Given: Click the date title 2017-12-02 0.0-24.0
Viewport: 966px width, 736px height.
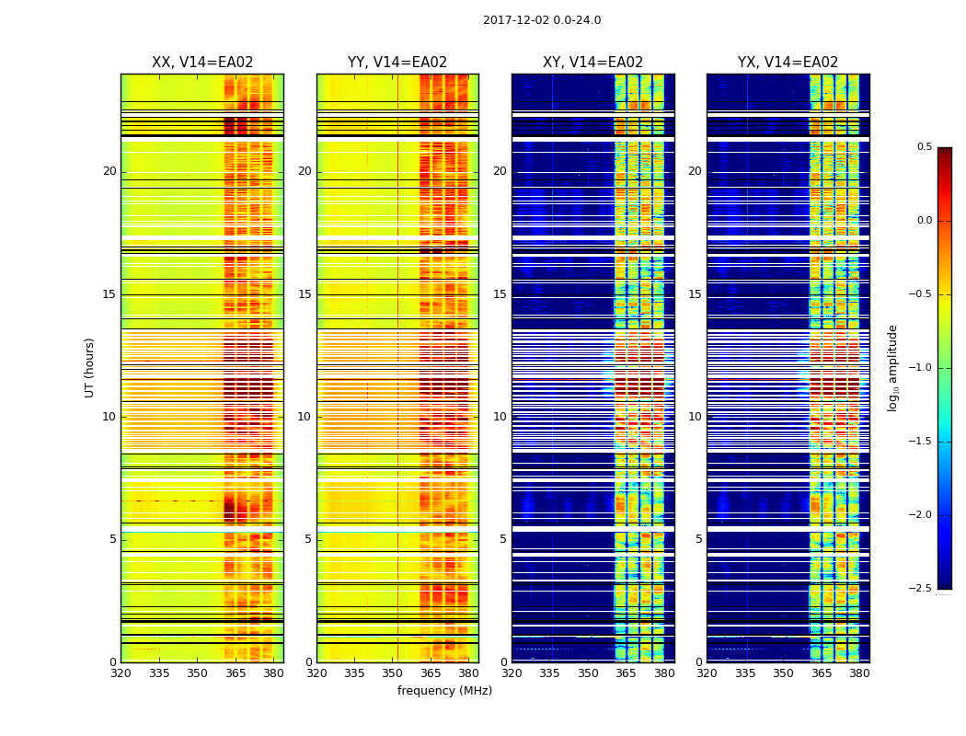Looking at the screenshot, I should [x=542, y=20].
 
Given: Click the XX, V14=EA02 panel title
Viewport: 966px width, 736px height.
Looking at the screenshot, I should [x=202, y=63].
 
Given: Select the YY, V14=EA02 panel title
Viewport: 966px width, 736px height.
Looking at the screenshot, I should [x=397, y=63].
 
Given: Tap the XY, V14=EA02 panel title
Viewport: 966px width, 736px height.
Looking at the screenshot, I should [x=592, y=63].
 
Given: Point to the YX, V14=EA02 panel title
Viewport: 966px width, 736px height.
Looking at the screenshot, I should [x=788, y=63].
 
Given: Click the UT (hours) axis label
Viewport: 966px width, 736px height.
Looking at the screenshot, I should [x=90, y=367].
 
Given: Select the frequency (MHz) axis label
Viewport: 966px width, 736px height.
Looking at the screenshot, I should [x=444, y=691].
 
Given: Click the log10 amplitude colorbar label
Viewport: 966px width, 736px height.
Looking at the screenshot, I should [x=892, y=367].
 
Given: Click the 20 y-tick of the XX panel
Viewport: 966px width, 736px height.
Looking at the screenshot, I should [x=109, y=171].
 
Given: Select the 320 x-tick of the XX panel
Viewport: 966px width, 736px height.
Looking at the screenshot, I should [x=121, y=673].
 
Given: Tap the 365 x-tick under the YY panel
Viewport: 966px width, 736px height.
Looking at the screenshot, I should [x=431, y=673].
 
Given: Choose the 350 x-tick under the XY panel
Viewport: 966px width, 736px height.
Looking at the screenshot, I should [x=588, y=673].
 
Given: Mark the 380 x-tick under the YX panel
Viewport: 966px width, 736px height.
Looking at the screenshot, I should [x=859, y=673].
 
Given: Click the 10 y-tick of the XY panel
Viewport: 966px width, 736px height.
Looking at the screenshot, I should [x=500, y=417].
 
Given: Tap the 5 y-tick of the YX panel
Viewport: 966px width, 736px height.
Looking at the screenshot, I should [x=698, y=539].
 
